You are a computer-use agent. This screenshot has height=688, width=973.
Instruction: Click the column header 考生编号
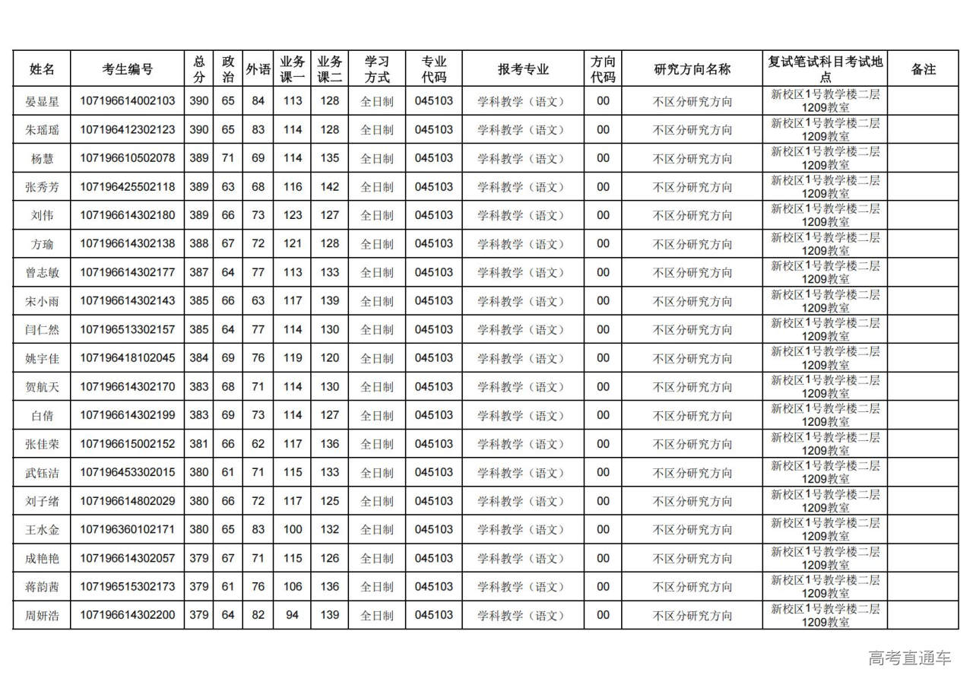point(128,69)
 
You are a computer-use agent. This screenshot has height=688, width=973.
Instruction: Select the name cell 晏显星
point(42,101)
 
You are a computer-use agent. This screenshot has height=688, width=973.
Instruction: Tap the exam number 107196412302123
point(128,130)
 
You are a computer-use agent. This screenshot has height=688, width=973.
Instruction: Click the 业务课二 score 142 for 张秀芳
point(330,187)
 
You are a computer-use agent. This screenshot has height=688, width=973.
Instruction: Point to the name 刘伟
point(42,216)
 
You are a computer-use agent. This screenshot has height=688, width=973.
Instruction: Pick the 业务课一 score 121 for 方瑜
point(293,244)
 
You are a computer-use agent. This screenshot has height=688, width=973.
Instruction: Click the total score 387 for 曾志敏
point(199,273)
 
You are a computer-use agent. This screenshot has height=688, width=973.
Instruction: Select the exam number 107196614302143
point(128,301)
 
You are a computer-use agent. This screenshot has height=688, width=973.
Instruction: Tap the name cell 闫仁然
point(42,330)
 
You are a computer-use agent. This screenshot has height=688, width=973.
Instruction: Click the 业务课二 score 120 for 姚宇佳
point(330,358)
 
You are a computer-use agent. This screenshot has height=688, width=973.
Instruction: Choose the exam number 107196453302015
point(128,472)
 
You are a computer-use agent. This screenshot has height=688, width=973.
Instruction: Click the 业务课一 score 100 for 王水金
point(293,530)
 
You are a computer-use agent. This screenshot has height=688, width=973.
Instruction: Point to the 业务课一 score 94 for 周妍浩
point(293,615)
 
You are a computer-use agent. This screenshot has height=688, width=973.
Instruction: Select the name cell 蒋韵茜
point(42,587)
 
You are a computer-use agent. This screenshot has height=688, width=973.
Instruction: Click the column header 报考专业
point(523,69)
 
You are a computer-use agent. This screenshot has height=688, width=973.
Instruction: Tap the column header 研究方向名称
point(693,69)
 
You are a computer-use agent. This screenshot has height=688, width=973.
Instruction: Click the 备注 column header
point(924,69)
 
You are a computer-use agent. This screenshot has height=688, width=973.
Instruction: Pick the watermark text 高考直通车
point(910,658)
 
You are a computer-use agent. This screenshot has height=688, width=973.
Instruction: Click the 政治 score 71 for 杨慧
point(228,158)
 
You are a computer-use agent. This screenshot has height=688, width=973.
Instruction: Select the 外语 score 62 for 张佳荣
point(258,444)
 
